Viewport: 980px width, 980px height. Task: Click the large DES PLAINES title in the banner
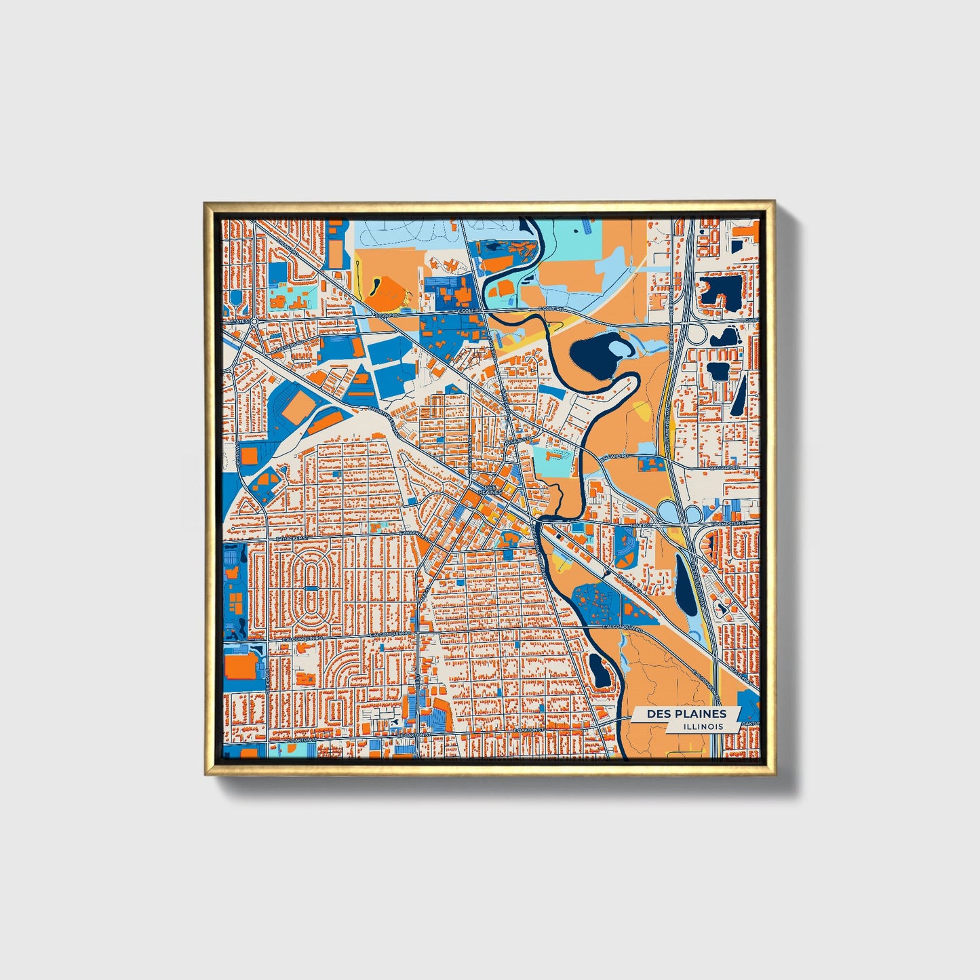[x=686, y=713]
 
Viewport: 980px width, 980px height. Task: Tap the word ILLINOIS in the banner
[x=703, y=726]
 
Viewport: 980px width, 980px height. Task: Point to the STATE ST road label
[x=238, y=321]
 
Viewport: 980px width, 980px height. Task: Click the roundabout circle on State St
[x=252, y=321]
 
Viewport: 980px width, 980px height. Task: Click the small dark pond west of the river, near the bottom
[x=599, y=670]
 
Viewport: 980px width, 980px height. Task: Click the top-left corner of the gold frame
[x=205, y=203]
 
